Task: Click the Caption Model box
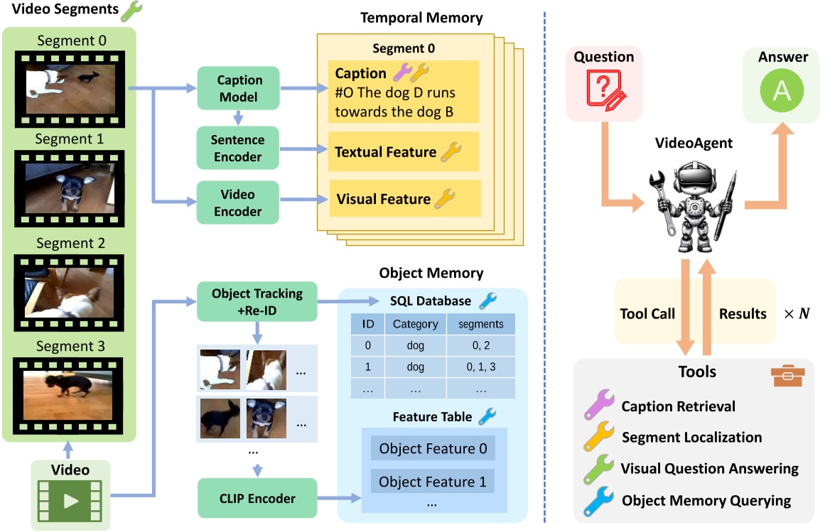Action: (x=239, y=89)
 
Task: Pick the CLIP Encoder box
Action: (x=257, y=499)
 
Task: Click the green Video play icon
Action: (x=70, y=500)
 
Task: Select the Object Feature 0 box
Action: (x=433, y=449)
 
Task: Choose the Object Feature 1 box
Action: (x=433, y=482)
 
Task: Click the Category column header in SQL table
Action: (x=416, y=324)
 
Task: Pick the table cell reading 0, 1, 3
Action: (x=480, y=367)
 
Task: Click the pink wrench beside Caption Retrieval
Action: (x=598, y=407)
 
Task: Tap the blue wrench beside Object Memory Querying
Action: (x=598, y=500)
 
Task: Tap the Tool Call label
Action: (x=648, y=313)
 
